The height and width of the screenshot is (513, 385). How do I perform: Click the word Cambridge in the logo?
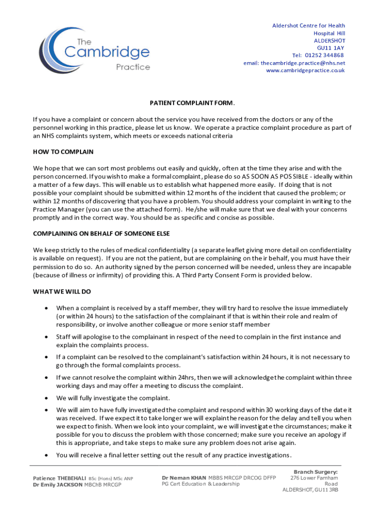[106, 52]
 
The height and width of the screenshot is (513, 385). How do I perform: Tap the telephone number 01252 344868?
[324, 55]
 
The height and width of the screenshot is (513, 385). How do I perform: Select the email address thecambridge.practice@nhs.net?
[294, 63]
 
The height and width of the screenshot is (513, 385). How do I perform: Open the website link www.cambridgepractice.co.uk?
[305, 70]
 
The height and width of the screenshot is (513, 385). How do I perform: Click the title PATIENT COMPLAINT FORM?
[192, 103]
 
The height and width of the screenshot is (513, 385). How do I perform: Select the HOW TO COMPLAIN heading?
[63, 151]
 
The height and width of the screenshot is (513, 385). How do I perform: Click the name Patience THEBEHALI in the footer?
[59, 478]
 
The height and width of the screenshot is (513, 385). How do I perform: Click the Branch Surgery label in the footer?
[315, 472]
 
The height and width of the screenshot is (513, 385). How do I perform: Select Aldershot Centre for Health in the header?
[308, 26]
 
